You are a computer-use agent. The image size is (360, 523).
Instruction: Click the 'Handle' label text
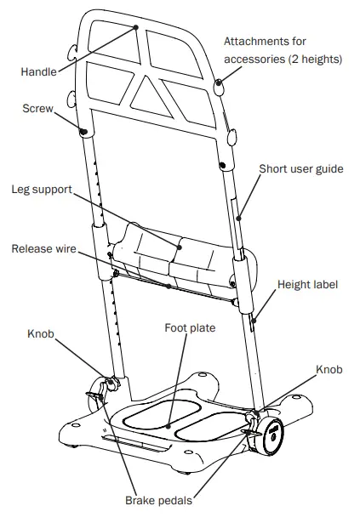39,72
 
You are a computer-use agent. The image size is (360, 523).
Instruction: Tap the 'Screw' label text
37,110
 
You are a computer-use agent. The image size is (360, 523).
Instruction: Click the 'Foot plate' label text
190,327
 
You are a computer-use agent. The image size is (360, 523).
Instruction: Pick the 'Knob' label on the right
329,372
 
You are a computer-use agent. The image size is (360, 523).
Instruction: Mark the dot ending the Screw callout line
84,131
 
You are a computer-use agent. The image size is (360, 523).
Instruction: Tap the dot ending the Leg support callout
180,247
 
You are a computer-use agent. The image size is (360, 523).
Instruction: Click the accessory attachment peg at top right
220,82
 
